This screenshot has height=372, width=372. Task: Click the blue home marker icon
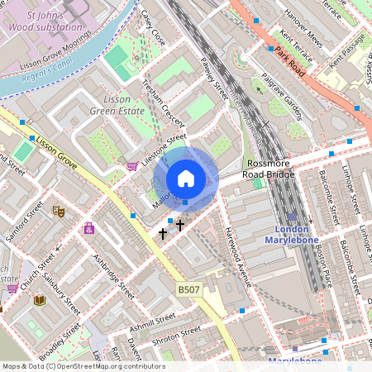pyautogui.click(x=186, y=179)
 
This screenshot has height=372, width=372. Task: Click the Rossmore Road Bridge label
pyautogui.click(x=269, y=169)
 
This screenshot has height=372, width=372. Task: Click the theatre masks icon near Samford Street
pyautogui.click(x=58, y=212)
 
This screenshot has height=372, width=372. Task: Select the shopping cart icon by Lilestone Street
pyautogui.click(x=131, y=166)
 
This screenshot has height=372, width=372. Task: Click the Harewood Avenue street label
pyautogui.click(x=238, y=257)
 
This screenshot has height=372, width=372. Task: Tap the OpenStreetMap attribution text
pyautogui.click(x=83, y=366)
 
